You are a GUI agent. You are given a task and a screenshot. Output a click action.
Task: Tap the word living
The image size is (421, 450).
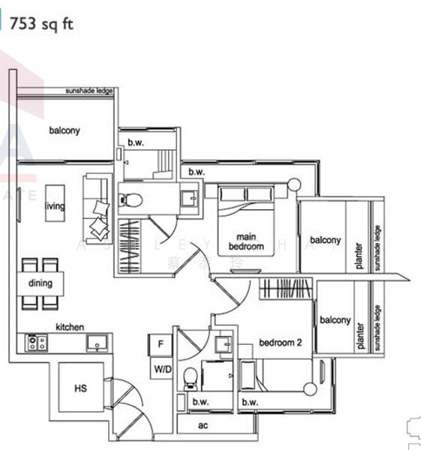point(55,206)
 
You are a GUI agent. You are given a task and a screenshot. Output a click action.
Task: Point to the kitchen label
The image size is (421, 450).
point(69,327)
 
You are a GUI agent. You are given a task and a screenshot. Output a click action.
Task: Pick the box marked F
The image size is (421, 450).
point(160,345)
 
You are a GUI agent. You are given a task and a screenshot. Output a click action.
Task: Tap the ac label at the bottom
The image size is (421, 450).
point(203,425)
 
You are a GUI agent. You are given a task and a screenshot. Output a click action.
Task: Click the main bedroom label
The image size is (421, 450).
point(245,241)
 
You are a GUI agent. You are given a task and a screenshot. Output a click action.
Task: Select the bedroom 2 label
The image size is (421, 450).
point(280,343)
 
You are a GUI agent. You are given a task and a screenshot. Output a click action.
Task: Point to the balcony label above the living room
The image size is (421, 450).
point(65,130)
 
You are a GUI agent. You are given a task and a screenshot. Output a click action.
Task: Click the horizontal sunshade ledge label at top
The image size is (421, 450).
point(89,91)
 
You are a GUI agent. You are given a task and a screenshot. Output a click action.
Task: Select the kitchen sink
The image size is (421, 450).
point(98,343)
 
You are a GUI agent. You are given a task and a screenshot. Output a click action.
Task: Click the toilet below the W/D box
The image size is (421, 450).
point(191,378)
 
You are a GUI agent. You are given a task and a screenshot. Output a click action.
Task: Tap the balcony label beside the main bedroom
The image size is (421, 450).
point(326,240)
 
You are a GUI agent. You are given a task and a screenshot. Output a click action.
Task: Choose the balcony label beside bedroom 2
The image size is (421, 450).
point(335,320)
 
